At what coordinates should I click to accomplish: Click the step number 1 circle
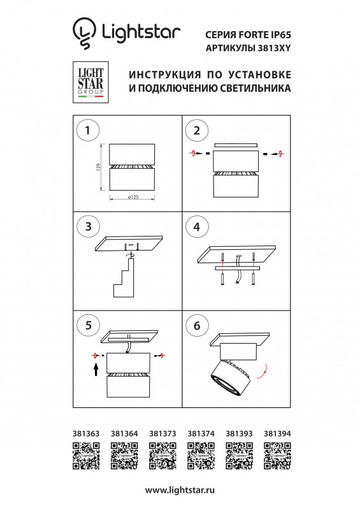tap(87, 131)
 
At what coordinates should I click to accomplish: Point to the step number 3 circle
tap(87, 226)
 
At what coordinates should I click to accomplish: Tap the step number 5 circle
tap(87, 324)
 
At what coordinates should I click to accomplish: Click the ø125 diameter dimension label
tap(133, 198)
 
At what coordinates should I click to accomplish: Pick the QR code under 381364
tap(123, 455)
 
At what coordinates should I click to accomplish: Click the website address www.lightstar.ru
tap(180, 490)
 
